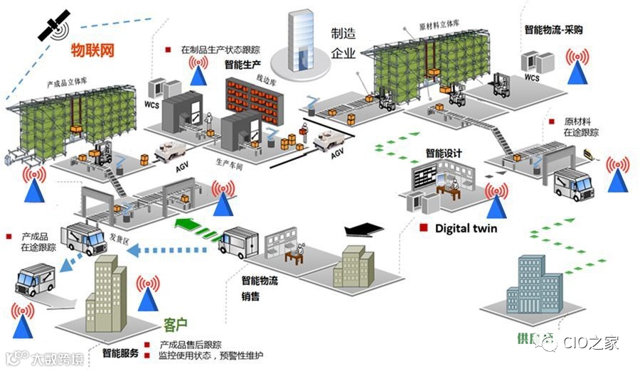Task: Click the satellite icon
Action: pyautogui.click(x=53, y=25)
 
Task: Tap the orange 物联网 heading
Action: pyautogui.click(x=93, y=50)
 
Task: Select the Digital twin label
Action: pyautogui.click(x=466, y=228)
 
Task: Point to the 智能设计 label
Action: pyautogui.click(x=444, y=153)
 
